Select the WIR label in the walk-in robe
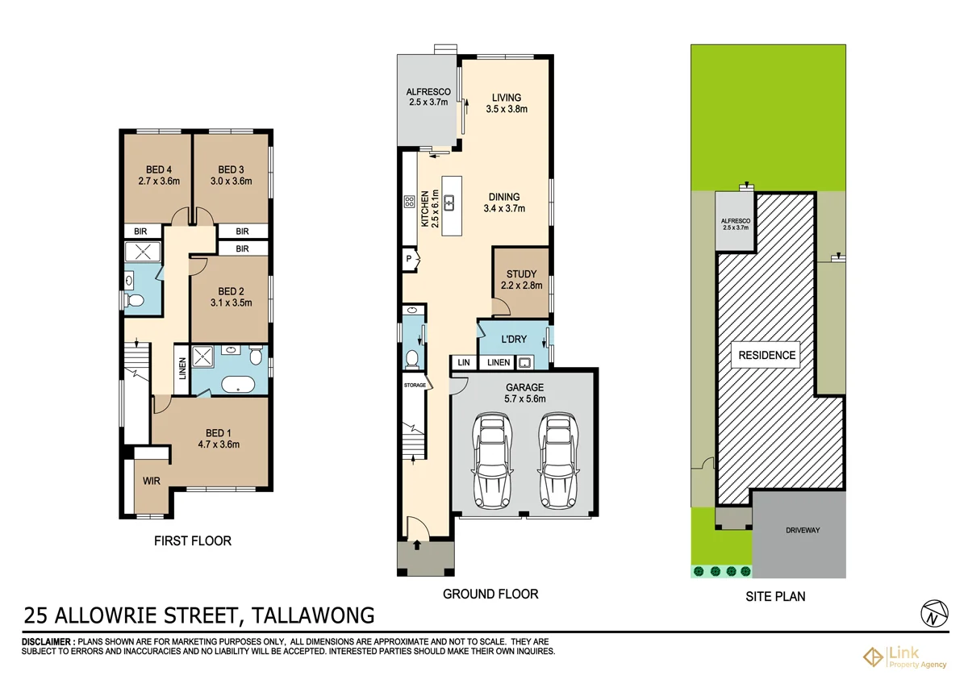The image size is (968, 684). [x=151, y=481]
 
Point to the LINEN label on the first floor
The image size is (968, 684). [x=182, y=370]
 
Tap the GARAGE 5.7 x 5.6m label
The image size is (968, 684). [x=524, y=393]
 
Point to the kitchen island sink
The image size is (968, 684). [x=449, y=202]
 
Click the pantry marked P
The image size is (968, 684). [x=411, y=259]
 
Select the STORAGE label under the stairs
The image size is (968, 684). [x=415, y=385]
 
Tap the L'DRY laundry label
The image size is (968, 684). [x=514, y=340]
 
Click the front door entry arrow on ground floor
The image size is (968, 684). [x=416, y=545]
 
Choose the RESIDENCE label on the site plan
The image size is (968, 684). [x=765, y=355]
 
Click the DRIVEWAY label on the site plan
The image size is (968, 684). [x=802, y=530]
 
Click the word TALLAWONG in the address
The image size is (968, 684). [x=314, y=616]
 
